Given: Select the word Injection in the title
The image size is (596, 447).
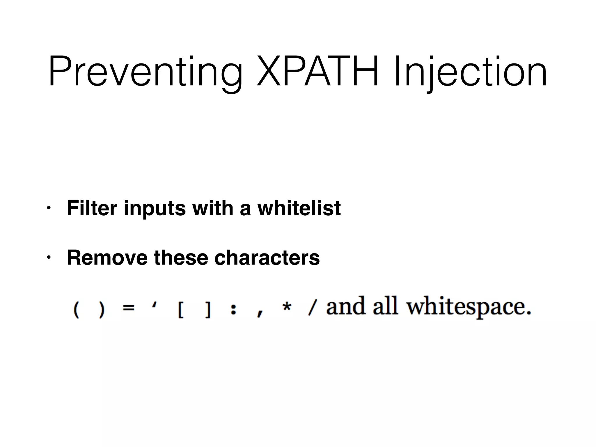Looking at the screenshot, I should pyautogui.click(x=470, y=72).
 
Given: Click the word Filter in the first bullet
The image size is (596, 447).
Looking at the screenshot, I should pyautogui.click(x=92, y=208).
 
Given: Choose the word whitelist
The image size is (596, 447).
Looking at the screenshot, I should pyautogui.click(x=299, y=208).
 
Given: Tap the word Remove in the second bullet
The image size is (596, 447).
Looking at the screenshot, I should pyautogui.click(x=107, y=258).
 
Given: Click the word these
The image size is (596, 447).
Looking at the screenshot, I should pyautogui.click(x=181, y=258).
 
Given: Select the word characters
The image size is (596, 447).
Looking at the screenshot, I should pyautogui.click(x=267, y=258).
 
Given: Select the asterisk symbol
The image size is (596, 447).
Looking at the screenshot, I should pyautogui.click(x=287, y=307).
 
